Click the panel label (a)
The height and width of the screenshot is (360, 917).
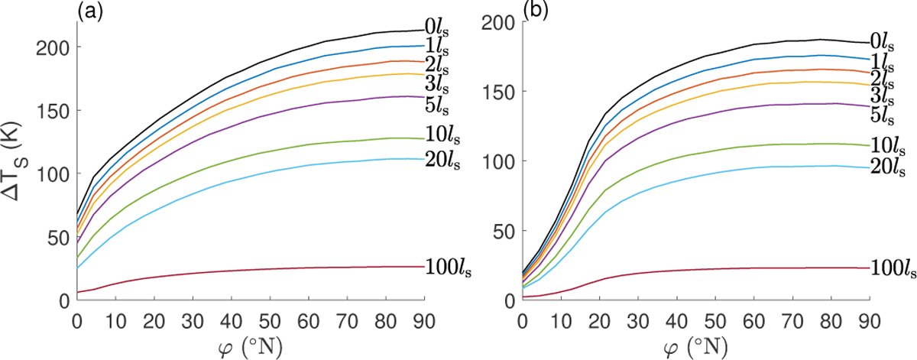pyautogui.click(x=86, y=10)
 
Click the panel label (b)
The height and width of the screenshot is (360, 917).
pyautogui.click(x=532, y=10)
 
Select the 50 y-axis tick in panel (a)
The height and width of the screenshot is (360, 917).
pyautogui.click(x=57, y=236)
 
